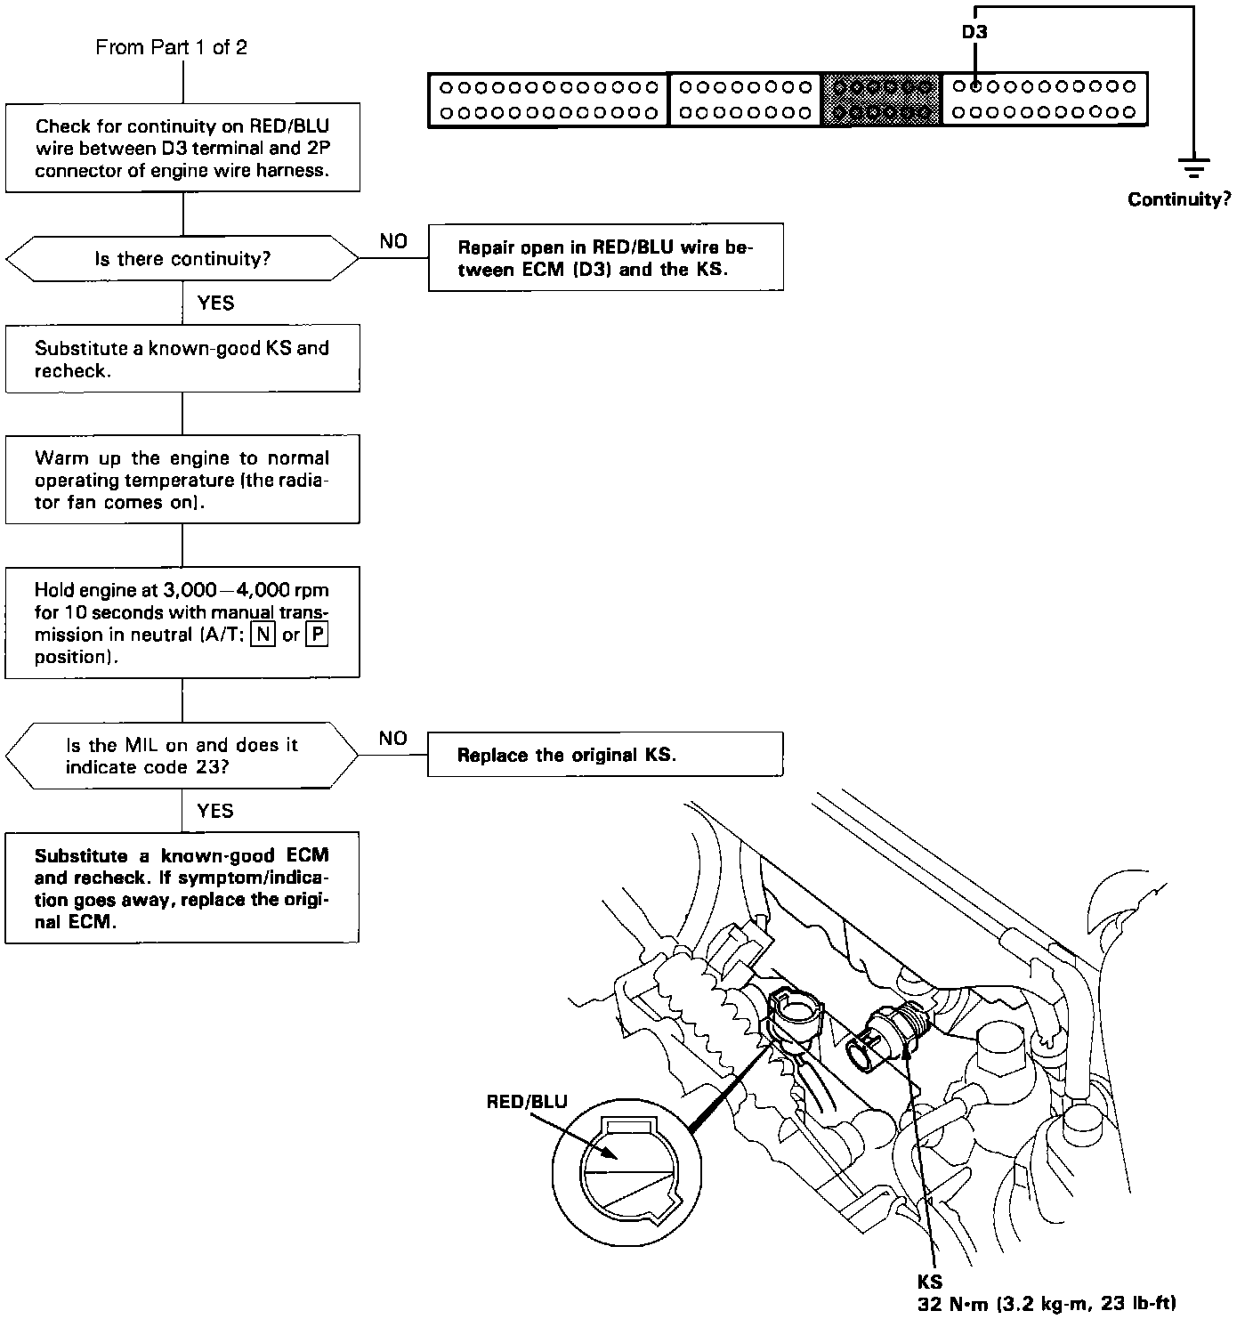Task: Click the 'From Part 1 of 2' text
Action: pyautogui.click(x=171, y=47)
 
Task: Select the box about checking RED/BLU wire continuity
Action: pyautogui.click(x=182, y=149)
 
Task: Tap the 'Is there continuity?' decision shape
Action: pyautogui.click(x=182, y=259)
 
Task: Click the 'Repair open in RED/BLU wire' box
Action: pyautogui.click(x=605, y=257)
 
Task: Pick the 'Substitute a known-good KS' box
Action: pyautogui.click(x=182, y=359)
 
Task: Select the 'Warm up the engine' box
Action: pyautogui.click(x=182, y=480)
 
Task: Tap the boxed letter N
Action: pyautogui.click(x=263, y=635)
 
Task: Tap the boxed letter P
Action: pyautogui.click(x=317, y=635)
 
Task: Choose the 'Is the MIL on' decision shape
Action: pyautogui.click(x=182, y=756)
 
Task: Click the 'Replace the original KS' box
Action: pyautogui.click(x=605, y=755)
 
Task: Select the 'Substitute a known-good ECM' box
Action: pyautogui.click(x=182, y=888)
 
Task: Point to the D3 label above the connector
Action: pyautogui.click(x=974, y=32)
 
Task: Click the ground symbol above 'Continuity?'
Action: pyautogui.click(x=1192, y=167)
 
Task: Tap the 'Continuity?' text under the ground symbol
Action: pyautogui.click(x=1179, y=199)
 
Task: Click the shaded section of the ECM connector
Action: pyautogui.click(x=881, y=100)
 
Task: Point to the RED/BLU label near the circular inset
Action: pyautogui.click(x=526, y=1102)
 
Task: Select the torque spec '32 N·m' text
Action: pyautogui.click(x=1046, y=1305)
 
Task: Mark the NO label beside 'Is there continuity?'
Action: pyautogui.click(x=392, y=241)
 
